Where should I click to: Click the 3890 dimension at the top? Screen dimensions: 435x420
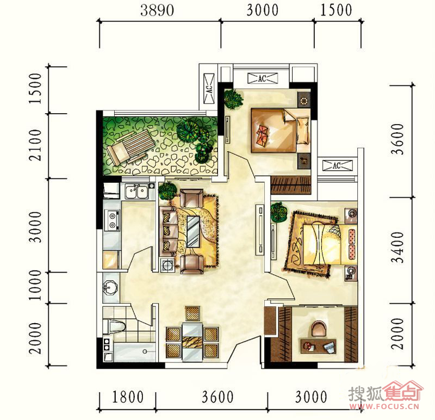[x=157, y=10]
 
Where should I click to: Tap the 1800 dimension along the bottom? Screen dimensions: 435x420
[x=128, y=397]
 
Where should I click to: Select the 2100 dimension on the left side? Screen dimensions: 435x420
[x=35, y=145]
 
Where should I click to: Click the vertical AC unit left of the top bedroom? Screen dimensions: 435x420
[x=209, y=89]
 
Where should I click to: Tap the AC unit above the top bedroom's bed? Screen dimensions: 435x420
[x=263, y=78]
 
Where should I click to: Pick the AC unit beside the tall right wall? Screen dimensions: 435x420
[x=337, y=165]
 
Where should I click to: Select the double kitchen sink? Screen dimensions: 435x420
[x=136, y=192]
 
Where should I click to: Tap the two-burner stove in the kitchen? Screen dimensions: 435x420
[x=113, y=220]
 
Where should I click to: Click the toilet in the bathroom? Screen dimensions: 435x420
[x=114, y=326]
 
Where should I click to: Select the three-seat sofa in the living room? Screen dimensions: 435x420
[x=169, y=230]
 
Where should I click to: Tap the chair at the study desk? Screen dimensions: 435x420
[x=319, y=329]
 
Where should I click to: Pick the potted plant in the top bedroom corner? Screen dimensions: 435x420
[x=233, y=99]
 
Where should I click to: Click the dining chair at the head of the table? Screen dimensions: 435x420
[x=192, y=314]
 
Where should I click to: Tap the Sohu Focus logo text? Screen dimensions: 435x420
[x=386, y=395]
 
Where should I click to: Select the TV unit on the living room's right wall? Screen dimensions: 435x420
[x=260, y=229]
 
